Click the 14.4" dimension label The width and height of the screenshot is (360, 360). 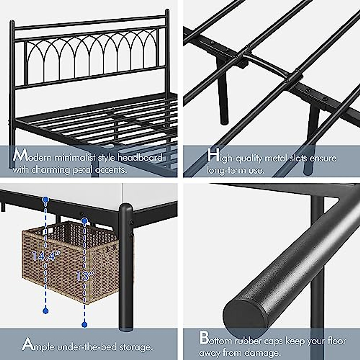[x=46, y=256]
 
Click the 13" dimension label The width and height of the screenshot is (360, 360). [x=85, y=275]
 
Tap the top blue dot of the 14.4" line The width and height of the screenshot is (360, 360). [x=46, y=199]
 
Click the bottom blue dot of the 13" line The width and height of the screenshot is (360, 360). [x=85, y=324]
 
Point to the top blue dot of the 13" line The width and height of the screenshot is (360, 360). [x=85, y=221]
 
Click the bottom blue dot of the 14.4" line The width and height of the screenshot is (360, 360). [x=46, y=311]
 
